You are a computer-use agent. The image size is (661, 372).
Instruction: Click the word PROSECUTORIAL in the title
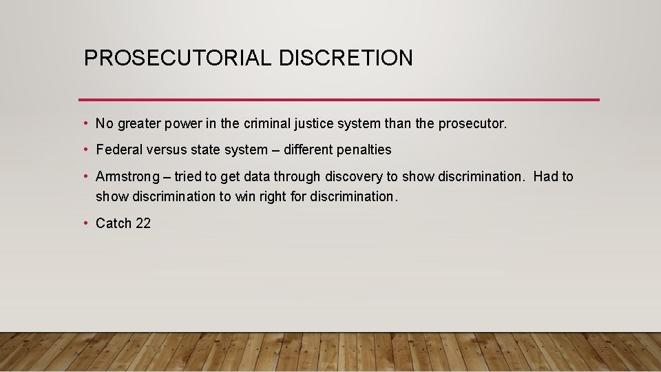click(x=178, y=58)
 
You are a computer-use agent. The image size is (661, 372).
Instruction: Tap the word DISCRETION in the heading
click(x=346, y=58)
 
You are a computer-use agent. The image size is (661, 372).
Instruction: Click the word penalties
click(x=364, y=149)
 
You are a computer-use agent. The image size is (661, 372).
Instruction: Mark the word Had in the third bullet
click(x=545, y=176)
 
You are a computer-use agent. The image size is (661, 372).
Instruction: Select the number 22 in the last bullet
click(x=143, y=223)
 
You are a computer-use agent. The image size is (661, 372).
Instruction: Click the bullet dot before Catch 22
click(x=85, y=223)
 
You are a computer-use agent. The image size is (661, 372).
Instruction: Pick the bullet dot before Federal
click(x=85, y=149)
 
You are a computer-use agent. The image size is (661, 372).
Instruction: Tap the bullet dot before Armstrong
click(x=85, y=176)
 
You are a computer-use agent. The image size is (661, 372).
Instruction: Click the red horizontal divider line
click(x=339, y=100)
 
